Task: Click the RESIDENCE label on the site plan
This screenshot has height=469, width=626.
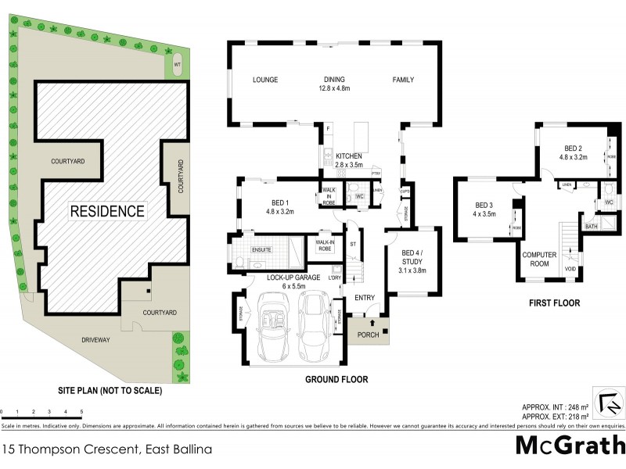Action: (x=107, y=211)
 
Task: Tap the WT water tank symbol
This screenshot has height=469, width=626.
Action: (x=178, y=66)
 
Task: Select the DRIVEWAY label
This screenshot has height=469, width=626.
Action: (x=94, y=339)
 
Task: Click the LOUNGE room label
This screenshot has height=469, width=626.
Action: (x=266, y=80)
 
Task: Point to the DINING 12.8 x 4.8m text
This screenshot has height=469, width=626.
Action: (x=335, y=84)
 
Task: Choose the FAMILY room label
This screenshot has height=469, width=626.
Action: (x=403, y=80)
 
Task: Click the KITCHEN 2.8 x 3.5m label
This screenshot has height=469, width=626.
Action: (x=351, y=161)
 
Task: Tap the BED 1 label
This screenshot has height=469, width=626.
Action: (x=279, y=206)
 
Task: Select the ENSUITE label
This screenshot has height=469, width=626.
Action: (x=261, y=250)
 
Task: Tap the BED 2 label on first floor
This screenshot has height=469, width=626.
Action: (x=574, y=152)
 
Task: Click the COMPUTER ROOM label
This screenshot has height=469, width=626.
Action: (x=538, y=259)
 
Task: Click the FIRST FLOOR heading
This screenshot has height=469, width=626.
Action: (x=553, y=303)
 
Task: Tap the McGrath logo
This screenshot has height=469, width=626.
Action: (x=570, y=444)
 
